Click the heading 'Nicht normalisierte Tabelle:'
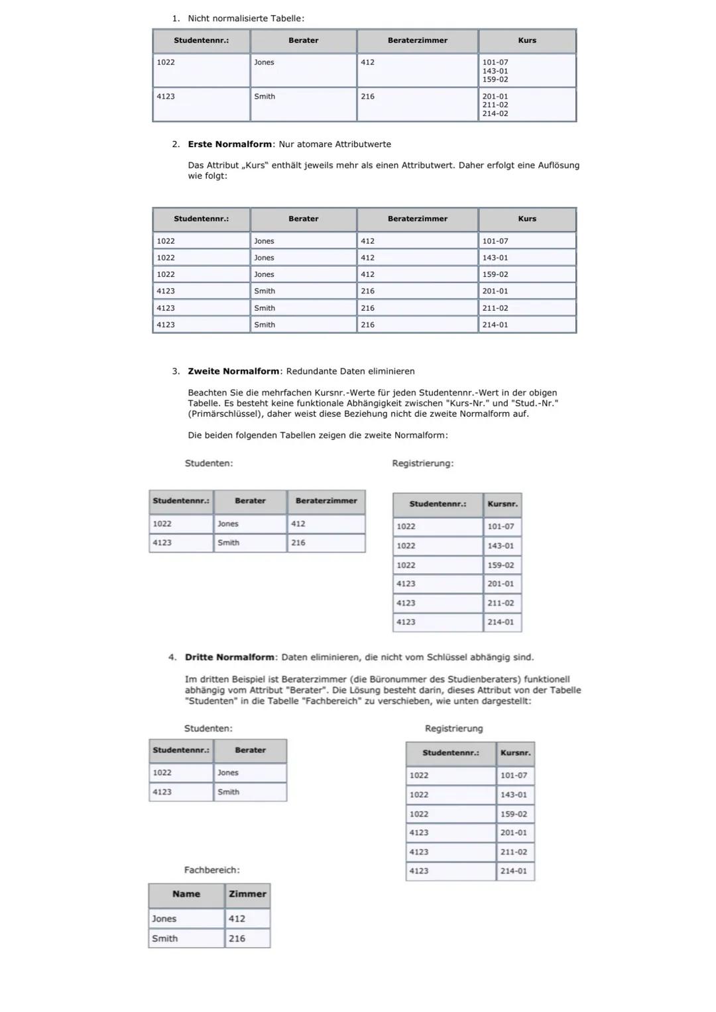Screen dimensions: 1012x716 tap(246, 19)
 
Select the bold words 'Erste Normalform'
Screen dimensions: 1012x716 tap(229, 144)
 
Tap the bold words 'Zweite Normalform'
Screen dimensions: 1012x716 tap(233, 371)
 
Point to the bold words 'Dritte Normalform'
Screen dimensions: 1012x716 tap(229, 657)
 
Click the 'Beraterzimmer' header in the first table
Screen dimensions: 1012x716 tap(417, 40)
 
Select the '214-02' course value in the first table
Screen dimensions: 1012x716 tap(495, 114)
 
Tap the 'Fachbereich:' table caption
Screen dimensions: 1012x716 tap(211, 870)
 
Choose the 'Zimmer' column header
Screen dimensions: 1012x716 tap(247, 894)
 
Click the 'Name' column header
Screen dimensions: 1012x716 tap(186, 894)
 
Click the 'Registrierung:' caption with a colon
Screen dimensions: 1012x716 tap(423, 463)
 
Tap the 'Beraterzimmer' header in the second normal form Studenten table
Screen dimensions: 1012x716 tap(326, 501)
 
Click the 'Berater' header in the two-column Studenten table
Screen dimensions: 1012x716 tap(250, 750)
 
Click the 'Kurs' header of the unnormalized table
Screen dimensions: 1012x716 tap(527, 40)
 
